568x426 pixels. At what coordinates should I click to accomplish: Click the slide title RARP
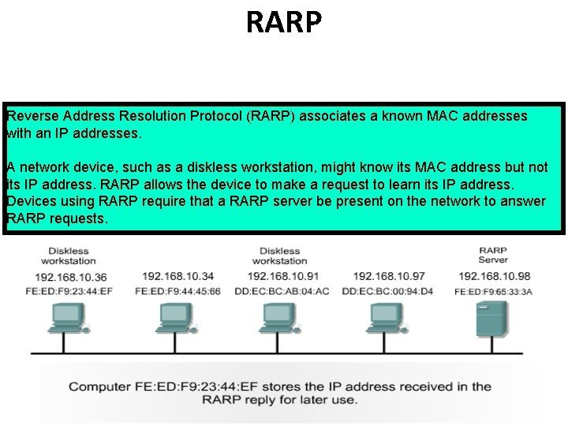click(x=284, y=22)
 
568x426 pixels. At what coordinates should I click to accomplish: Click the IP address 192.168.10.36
click(x=70, y=277)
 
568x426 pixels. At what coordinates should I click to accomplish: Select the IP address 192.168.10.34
click(x=177, y=276)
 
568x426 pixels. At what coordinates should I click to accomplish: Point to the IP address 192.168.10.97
click(x=389, y=276)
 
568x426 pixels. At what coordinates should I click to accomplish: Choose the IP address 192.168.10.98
click(x=494, y=276)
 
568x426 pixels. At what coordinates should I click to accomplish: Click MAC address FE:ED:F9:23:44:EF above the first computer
click(x=70, y=291)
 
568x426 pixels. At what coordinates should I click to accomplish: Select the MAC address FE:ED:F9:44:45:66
click(x=177, y=291)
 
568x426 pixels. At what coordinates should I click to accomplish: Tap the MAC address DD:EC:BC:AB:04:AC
click(x=282, y=291)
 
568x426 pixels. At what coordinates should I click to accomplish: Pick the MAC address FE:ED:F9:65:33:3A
click(x=494, y=291)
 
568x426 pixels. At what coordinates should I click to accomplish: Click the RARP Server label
click(x=493, y=255)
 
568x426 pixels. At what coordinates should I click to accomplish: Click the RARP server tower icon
click(x=488, y=321)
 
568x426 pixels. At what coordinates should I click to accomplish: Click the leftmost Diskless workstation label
click(x=69, y=256)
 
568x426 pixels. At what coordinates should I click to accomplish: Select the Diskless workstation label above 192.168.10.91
click(x=279, y=256)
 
